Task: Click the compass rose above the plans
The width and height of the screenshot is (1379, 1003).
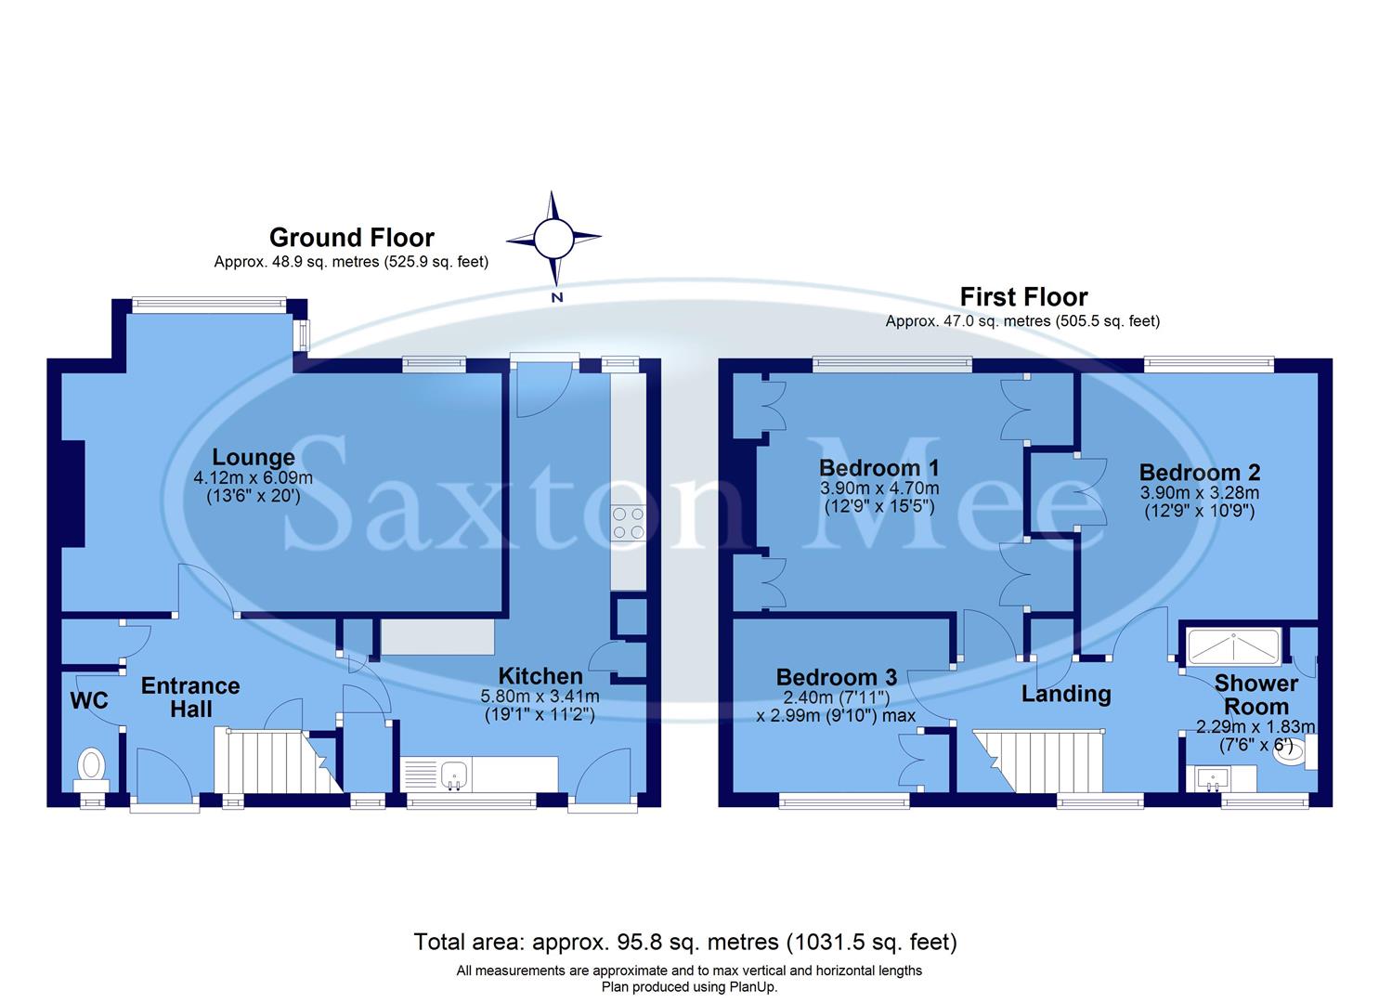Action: coord(554,238)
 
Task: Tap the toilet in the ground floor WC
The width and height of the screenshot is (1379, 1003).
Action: coord(92,767)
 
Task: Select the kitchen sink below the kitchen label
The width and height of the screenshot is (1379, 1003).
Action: coord(453,773)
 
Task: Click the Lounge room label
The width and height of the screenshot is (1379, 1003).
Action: coord(254,457)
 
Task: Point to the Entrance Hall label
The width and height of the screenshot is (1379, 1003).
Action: coord(190,697)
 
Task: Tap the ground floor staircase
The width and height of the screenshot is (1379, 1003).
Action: coord(269,761)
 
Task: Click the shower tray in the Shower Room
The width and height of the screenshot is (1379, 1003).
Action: coord(1231,644)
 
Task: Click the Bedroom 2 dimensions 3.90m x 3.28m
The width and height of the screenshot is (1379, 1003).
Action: coord(1199,493)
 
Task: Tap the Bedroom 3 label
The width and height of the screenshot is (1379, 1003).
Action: coord(837,677)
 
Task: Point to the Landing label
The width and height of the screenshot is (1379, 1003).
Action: coord(1066,694)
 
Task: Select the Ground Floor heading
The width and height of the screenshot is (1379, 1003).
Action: coord(351,238)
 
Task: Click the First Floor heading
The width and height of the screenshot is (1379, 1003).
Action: coord(1022,297)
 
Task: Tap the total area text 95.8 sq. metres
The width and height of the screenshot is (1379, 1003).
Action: coord(684,942)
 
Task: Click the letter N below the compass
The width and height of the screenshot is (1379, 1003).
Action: coord(557,297)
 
